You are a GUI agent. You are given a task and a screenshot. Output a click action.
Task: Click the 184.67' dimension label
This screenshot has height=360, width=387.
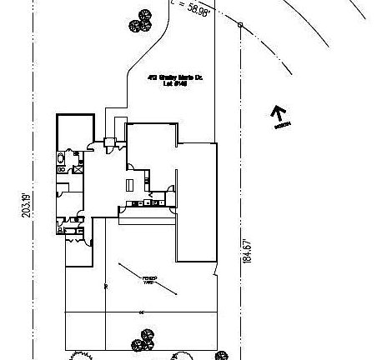tap(246, 252)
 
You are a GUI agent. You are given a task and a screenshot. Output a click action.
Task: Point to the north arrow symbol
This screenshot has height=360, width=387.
tap(279, 113)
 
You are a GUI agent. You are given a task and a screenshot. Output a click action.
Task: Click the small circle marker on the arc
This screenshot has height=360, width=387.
tap(240, 25)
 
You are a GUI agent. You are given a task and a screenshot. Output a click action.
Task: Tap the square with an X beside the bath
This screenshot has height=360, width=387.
tap(78, 169)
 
